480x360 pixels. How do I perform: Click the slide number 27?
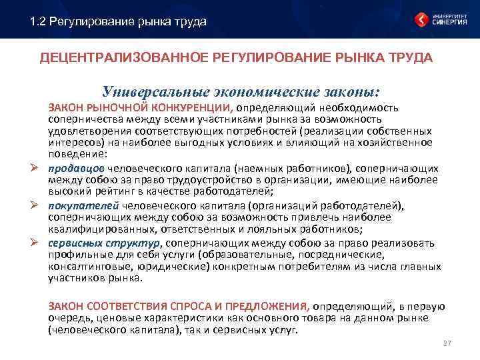447,343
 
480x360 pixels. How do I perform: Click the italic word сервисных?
71,243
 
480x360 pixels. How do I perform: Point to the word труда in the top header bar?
191,22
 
